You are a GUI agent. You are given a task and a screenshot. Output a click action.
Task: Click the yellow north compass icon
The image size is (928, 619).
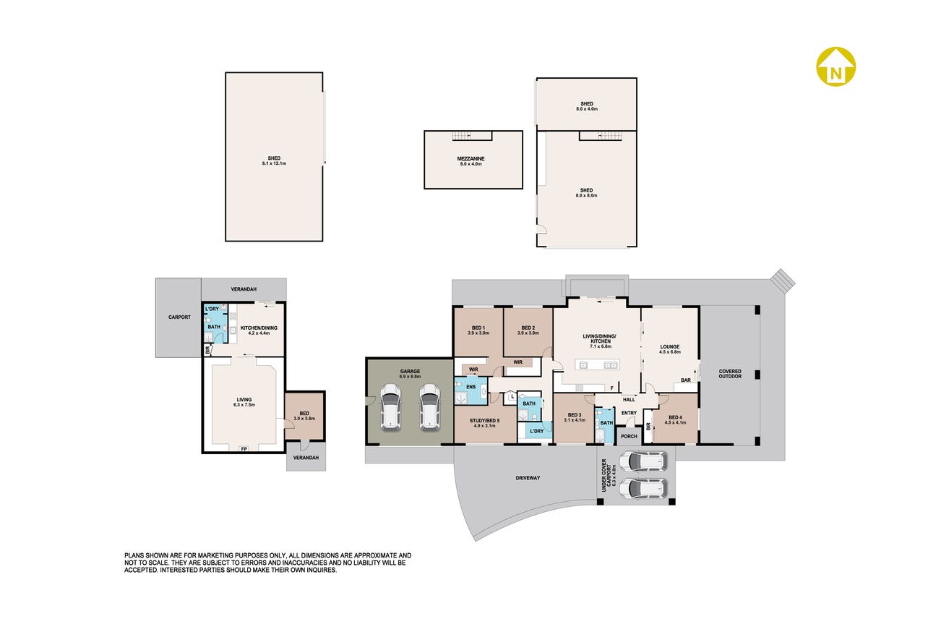pyautogui.click(x=836, y=67)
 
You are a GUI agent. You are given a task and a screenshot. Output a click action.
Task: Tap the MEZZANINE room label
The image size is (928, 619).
pyautogui.click(x=471, y=159)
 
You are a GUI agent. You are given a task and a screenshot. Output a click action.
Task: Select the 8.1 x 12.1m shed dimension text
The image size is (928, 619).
pyautogui.click(x=274, y=163)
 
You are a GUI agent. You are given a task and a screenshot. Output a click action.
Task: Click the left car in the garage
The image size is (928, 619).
pyautogui.click(x=390, y=408)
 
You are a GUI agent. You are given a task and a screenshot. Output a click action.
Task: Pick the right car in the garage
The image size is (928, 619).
pyautogui.click(x=429, y=408)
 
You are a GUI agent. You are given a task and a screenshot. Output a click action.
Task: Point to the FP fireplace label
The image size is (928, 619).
pyautogui.click(x=244, y=449)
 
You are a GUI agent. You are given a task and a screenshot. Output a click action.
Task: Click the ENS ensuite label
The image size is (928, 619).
pyautogui.click(x=471, y=387)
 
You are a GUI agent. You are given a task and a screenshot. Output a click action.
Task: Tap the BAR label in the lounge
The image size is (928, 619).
pyautogui.click(x=686, y=380)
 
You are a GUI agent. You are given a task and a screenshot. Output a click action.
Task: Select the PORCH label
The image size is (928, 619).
pyautogui.click(x=629, y=436)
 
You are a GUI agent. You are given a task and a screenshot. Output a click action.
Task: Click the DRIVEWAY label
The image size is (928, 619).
pyautogui.click(x=528, y=478)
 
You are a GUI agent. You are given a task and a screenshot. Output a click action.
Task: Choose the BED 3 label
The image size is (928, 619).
pyautogui.click(x=575, y=415)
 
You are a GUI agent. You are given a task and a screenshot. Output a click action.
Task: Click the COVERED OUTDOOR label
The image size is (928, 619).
pyautogui.click(x=730, y=374)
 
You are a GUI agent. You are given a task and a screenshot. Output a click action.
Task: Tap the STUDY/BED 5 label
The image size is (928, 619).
pyautogui.click(x=484, y=420)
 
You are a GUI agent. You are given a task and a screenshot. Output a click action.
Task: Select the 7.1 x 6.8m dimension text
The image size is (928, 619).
pyautogui.click(x=601, y=346)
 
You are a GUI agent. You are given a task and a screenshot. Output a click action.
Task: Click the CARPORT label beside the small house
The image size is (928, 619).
pyautogui.click(x=179, y=317)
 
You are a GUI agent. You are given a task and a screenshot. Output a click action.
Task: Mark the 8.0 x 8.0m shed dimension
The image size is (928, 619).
pyautogui.click(x=586, y=195)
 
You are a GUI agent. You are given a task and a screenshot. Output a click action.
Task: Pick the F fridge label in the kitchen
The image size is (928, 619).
pyautogui.click(x=612, y=388)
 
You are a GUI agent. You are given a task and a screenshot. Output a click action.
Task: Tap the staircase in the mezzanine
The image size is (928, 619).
pyautogui.click(x=462, y=135)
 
